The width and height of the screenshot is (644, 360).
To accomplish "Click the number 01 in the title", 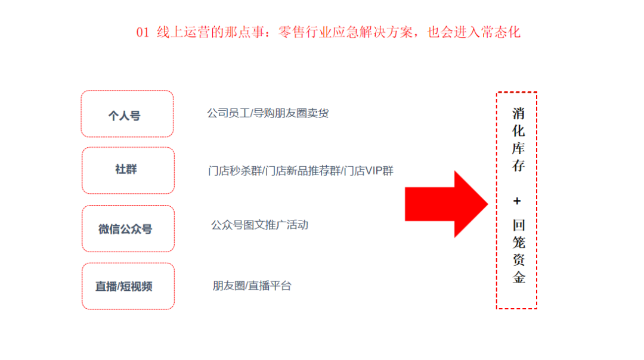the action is point(143,32).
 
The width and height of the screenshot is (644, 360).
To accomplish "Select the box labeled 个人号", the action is point(128,114).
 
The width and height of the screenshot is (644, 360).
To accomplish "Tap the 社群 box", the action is point(128,170).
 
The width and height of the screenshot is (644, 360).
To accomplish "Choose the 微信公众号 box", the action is point(128,229).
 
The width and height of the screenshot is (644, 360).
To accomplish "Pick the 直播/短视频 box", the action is point(128,286).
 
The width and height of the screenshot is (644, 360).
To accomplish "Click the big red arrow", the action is point(447,204).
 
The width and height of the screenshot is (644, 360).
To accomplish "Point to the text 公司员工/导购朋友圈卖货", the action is point(268,113).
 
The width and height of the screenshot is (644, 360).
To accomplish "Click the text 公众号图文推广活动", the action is point(259,225).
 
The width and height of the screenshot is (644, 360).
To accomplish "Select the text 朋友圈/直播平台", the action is point(252,285).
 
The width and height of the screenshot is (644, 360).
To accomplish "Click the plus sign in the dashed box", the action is point(517,201).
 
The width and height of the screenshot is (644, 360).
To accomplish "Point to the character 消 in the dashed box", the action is point(518,113).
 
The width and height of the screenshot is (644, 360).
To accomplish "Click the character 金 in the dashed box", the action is point(519,277).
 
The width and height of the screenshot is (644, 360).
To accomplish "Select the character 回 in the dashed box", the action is point(519,225).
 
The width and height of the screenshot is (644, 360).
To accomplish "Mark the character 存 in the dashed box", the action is point(518,166).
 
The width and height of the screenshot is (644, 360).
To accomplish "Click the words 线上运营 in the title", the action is point(183,32).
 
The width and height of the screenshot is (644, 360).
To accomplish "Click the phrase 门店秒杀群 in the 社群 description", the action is point(235,171).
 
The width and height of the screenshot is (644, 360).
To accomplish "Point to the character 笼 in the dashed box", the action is point(519,242).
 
